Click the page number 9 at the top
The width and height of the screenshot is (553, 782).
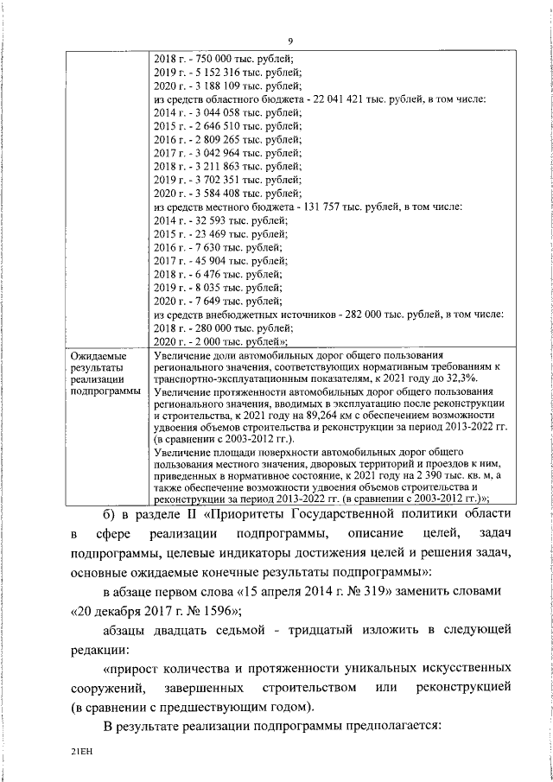(x=290, y=40)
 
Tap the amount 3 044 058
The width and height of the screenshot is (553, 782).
(x=208, y=112)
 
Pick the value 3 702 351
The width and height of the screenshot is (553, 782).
(x=208, y=179)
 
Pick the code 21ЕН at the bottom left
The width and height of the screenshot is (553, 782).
(x=82, y=753)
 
